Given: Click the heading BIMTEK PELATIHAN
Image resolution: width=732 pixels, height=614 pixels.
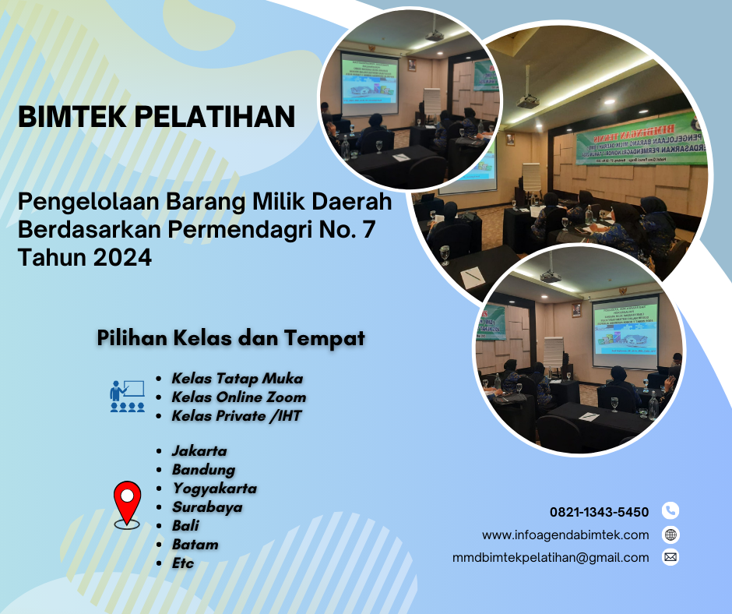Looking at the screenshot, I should pos(157,118).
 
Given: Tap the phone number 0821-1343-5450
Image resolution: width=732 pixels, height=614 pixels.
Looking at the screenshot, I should pos(599,512).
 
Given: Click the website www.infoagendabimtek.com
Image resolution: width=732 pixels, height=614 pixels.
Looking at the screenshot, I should pos(565,535).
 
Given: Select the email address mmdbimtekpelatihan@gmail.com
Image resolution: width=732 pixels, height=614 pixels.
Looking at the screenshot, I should pos(551,557).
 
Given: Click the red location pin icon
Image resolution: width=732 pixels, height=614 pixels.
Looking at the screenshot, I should pos(127,503).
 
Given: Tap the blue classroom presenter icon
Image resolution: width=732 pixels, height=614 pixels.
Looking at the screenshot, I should pos(127,396).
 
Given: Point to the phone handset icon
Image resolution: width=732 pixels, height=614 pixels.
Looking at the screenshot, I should pos(670,511).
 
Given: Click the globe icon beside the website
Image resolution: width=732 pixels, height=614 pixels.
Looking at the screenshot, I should pos(670,535).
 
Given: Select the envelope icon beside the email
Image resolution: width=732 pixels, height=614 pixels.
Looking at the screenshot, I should pos(670,557).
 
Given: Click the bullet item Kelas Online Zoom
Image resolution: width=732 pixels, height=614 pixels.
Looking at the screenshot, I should pos(238,397).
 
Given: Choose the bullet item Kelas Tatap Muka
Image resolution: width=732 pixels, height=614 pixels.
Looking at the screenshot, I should pos(237,379).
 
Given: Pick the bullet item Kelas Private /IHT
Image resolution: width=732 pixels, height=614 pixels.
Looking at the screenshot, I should pos(236,416).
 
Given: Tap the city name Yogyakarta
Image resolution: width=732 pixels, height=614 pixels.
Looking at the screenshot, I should pos(214,489).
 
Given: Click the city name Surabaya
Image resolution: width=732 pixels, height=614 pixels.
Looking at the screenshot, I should pos(207,507).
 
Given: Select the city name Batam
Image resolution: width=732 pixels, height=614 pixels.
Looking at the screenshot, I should pos(195,545).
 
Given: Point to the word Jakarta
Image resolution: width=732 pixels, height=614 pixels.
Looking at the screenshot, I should pos(199,451).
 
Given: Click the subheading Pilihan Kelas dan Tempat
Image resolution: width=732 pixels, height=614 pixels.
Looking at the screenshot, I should pos(231,339).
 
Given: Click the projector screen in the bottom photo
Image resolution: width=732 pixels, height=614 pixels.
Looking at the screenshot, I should pos(625,330).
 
